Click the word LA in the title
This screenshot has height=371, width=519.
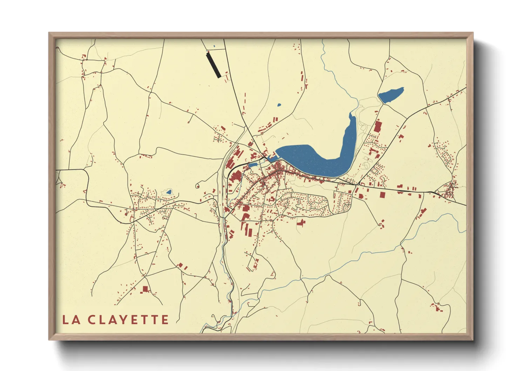[x=70, y=320]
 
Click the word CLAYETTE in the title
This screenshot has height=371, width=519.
[x=128, y=320]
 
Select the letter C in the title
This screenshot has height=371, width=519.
[x=92, y=320]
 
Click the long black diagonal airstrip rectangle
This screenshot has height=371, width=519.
[x=214, y=65]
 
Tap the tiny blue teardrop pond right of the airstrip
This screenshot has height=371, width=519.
[x=279, y=104]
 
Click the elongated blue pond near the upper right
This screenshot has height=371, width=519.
[x=391, y=95]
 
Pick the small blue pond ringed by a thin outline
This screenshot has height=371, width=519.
[x=169, y=192]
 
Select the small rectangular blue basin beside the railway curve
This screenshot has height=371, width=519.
[x=253, y=164]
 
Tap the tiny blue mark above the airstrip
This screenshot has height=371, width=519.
[x=214, y=46]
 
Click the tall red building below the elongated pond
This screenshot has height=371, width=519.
[x=378, y=126]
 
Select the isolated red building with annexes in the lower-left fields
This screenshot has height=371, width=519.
[x=145, y=289]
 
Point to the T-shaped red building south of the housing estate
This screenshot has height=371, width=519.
[x=301, y=222]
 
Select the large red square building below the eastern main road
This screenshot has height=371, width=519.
[x=383, y=195]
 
